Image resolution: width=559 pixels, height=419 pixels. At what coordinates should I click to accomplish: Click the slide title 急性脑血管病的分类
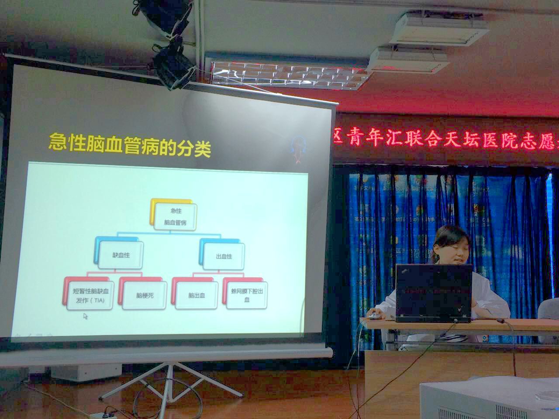(x=130, y=145)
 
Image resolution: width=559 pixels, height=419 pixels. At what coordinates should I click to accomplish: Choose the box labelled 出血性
(x=224, y=256)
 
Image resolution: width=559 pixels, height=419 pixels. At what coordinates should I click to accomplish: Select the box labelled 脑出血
(x=197, y=295)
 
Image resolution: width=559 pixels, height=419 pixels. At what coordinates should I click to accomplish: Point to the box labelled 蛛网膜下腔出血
(x=247, y=295)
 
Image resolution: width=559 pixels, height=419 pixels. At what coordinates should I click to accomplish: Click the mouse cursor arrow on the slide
(x=86, y=316)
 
